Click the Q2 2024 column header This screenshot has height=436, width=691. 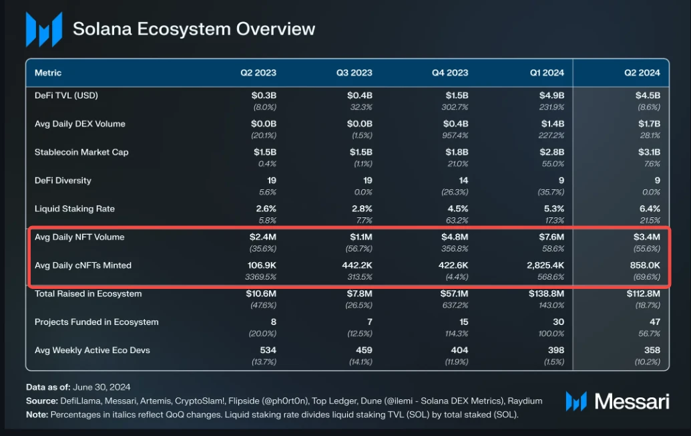(642, 72)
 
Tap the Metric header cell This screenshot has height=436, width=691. (48, 72)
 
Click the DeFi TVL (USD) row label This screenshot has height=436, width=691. (66, 96)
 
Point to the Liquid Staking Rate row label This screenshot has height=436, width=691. (75, 209)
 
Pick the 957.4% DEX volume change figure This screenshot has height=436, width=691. (455, 135)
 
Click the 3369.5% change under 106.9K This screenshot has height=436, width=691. (262, 277)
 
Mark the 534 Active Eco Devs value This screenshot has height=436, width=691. (268, 350)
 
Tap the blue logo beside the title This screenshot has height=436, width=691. (43, 29)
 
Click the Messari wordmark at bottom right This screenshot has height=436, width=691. (632, 401)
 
